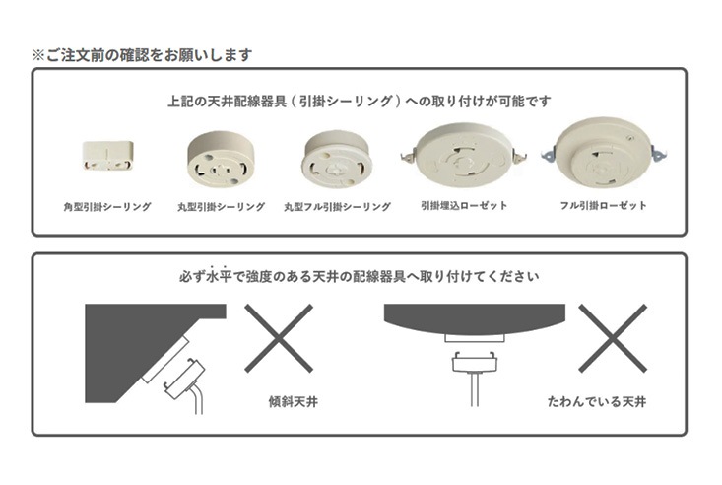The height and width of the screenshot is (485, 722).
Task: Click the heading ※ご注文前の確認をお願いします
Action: coord(142,55)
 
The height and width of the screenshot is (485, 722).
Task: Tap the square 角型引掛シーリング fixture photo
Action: coord(107,156)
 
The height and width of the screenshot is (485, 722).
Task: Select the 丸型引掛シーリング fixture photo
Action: coord(221,159)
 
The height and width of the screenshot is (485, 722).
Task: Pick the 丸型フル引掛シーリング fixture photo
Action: coord(337,159)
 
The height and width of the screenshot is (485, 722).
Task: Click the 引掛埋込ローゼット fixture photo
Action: coord(464,155)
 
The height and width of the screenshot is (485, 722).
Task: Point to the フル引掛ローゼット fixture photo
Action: coord(604,152)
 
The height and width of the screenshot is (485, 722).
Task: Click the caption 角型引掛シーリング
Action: coord(107,207)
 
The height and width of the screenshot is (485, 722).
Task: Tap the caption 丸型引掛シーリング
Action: coord(221,207)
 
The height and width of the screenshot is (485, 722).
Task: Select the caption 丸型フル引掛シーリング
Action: coord(337,207)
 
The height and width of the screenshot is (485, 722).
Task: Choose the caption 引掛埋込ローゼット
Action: coord(464,206)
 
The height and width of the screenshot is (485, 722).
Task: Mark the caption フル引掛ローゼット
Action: coord(603,206)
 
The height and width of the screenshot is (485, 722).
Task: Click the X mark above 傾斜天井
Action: coord(279,338)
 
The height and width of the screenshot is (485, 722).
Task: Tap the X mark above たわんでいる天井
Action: coord(613,338)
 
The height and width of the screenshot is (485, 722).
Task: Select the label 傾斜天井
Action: coord(294,401)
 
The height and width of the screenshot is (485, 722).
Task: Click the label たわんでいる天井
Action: coord(597,401)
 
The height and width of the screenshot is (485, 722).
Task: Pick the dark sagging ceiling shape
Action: coord(474,315)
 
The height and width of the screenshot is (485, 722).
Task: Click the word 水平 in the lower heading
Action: coord(219,276)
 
